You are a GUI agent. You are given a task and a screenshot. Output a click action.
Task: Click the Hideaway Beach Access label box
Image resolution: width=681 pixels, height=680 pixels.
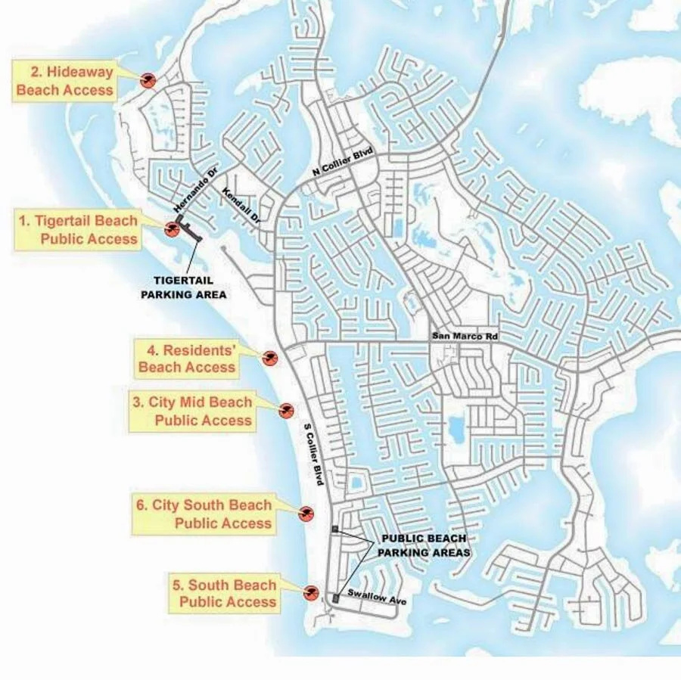[65, 82]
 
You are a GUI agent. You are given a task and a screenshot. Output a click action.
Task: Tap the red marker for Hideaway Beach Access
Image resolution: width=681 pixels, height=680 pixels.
[148, 79]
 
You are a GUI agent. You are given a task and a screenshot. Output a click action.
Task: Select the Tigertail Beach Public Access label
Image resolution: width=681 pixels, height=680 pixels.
[79, 230]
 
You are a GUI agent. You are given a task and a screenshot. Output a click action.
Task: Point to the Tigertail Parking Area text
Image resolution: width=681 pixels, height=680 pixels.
[184, 287]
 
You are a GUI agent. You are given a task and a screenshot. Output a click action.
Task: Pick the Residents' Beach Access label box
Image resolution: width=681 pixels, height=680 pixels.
[187, 359]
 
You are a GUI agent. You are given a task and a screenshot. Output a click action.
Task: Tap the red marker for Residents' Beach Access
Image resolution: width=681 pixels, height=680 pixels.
[269, 358]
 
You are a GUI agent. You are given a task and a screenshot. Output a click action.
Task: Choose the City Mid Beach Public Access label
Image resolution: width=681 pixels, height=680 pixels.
[192, 411]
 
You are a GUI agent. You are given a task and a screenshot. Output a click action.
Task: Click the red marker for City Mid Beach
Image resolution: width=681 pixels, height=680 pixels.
[285, 411]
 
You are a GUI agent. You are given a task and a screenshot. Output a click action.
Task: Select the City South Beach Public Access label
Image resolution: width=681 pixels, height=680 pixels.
[204, 514]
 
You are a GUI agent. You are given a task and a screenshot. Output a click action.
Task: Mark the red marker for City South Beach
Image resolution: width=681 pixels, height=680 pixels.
[306, 514]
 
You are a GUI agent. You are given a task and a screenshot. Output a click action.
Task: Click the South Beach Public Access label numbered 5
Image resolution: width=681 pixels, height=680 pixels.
[225, 594]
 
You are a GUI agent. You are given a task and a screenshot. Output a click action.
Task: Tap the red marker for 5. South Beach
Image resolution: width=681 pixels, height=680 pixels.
[311, 592]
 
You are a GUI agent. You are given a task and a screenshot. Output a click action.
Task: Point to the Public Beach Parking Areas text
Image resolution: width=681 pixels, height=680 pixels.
[424, 545]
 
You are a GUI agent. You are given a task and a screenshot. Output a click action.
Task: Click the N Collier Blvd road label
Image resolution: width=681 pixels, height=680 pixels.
[344, 163]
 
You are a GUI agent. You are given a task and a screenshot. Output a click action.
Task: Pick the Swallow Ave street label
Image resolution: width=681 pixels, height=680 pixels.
[377, 598]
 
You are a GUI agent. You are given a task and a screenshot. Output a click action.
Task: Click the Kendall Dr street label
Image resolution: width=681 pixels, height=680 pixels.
[241, 206]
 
